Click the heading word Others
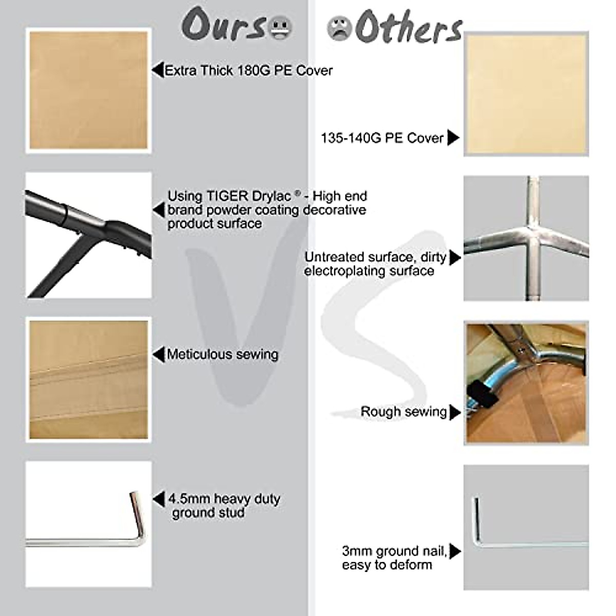point(409,29)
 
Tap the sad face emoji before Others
point(339,29)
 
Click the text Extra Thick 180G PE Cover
point(248,70)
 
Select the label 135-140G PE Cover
point(382,138)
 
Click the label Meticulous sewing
point(222,354)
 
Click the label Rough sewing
point(403,412)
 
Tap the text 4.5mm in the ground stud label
point(189,499)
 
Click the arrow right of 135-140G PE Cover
point(453,138)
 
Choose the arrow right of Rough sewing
point(455,412)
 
